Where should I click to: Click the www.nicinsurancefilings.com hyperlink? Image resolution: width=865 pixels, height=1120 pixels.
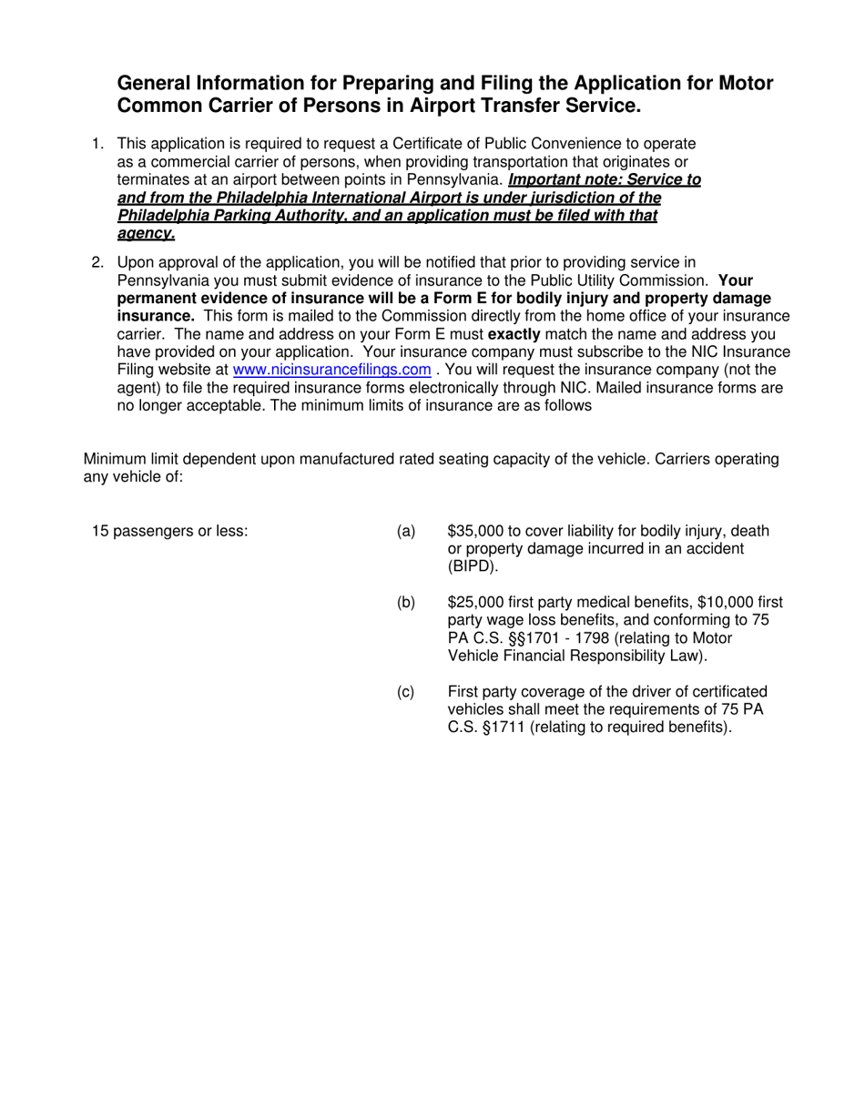pyautogui.click(x=332, y=370)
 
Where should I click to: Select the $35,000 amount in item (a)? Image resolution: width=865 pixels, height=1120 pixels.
pyautogui.click(x=476, y=531)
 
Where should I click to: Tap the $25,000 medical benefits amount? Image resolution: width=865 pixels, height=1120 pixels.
pyautogui.click(x=476, y=602)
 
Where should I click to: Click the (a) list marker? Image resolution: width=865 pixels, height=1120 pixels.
pyautogui.click(x=406, y=531)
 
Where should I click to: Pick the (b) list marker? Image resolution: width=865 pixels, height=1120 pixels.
pyautogui.click(x=406, y=602)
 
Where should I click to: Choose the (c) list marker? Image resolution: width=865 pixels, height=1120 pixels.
pyautogui.click(x=406, y=692)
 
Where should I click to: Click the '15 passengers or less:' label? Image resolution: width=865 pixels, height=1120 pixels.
pyautogui.click(x=170, y=531)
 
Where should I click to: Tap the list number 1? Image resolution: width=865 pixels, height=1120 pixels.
pyautogui.click(x=97, y=144)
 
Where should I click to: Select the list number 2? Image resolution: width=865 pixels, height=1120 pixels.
pyautogui.click(x=97, y=263)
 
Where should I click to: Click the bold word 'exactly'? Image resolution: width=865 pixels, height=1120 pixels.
pyautogui.click(x=514, y=334)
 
